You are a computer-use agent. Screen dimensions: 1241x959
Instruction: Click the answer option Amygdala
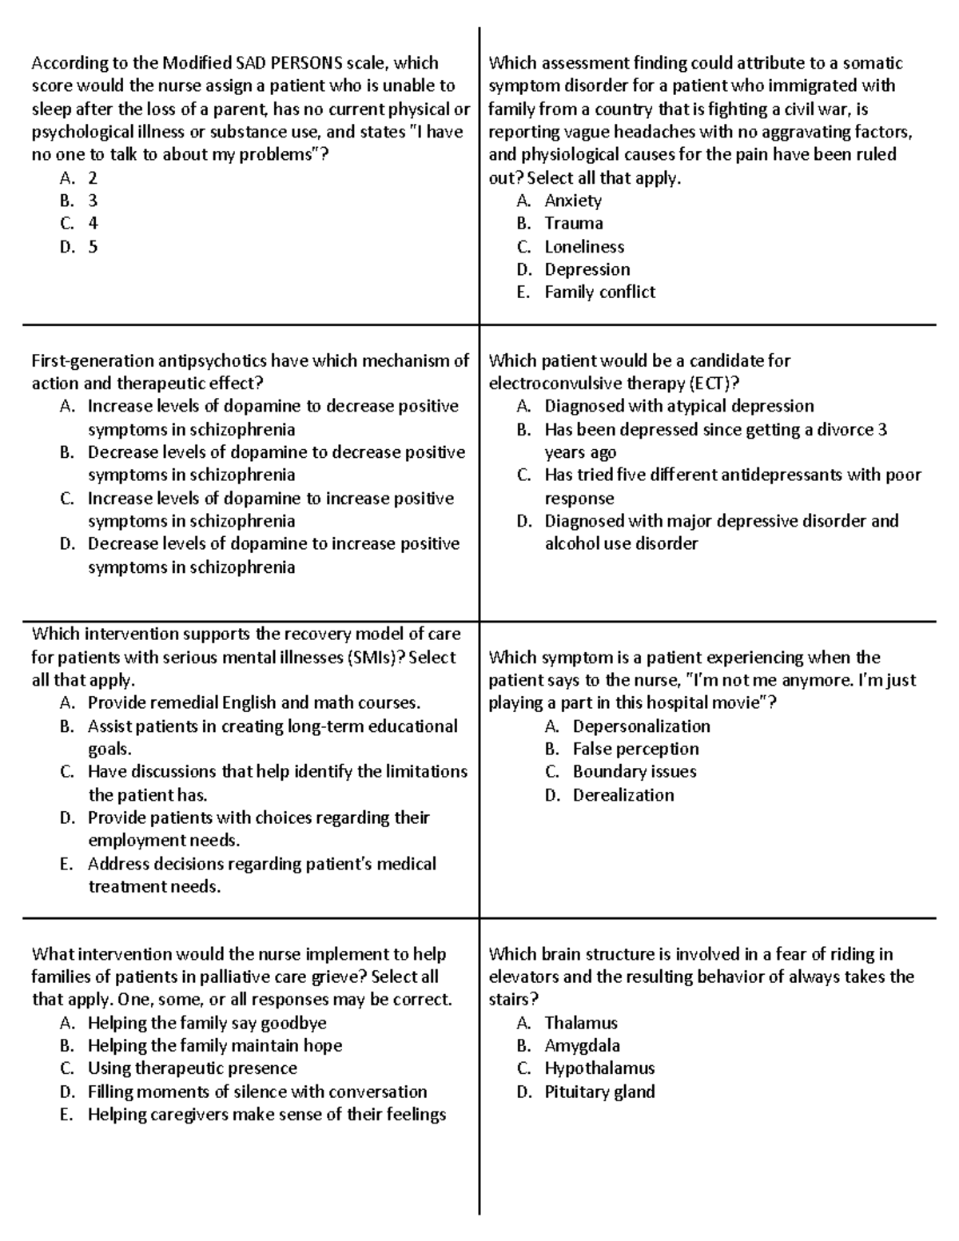(582, 1045)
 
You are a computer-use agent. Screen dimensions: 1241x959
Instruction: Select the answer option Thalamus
(581, 1023)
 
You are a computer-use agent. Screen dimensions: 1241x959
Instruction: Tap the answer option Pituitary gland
(599, 1092)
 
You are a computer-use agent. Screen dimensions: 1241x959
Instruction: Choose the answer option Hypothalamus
(599, 1068)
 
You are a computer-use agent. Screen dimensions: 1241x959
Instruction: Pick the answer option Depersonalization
(641, 726)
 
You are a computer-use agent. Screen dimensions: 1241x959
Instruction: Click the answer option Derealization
(623, 795)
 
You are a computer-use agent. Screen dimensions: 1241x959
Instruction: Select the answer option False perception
(635, 749)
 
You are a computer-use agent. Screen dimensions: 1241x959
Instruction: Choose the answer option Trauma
(574, 224)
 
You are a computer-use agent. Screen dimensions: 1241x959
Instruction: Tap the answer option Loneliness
(584, 247)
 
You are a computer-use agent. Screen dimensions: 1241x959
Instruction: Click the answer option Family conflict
(599, 292)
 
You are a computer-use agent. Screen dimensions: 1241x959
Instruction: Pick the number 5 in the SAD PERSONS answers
(93, 247)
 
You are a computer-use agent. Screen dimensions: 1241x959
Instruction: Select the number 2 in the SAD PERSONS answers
(93, 178)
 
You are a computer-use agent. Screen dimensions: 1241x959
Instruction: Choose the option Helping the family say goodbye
(207, 1023)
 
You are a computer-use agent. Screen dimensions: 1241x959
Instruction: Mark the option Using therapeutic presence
(192, 1068)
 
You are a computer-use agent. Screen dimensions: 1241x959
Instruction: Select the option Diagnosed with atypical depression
(679, 406)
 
